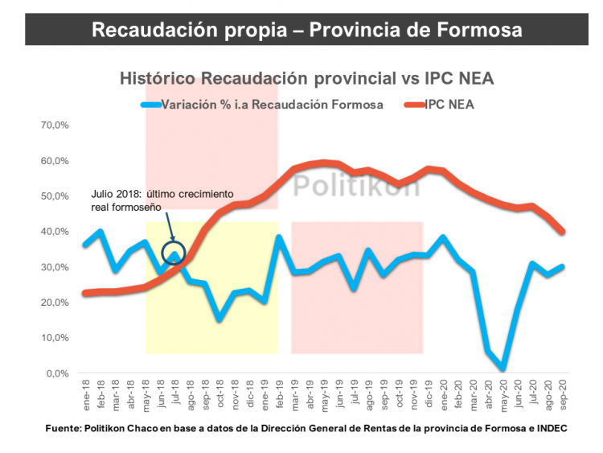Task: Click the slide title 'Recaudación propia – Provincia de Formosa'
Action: pos(306,30)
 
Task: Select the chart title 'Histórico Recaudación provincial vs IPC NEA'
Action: pos(306,79)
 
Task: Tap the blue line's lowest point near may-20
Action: pos(503,369)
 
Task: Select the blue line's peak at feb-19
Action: pos(279,237)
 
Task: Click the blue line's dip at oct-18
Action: pos(219,319)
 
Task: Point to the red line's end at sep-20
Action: pos(562,232)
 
